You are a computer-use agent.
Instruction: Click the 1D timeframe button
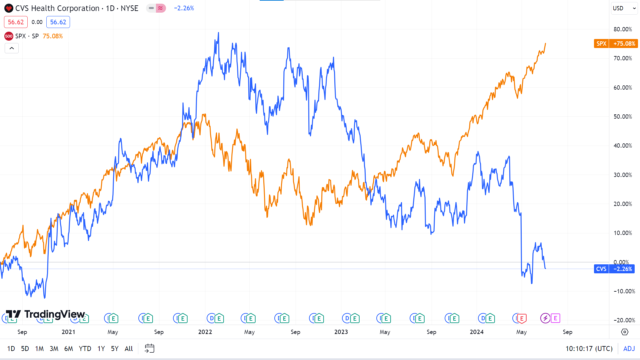[11, 349]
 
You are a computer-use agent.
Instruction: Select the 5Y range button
[115, 349]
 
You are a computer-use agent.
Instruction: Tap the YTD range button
[85, 349]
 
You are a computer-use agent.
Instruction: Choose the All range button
[129, 349]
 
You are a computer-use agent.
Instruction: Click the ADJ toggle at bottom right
[629, 349]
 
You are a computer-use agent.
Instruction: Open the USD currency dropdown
[624, 8]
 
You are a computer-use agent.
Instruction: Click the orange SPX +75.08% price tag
[616, 44]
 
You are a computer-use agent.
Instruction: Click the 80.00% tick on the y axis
[623, 29]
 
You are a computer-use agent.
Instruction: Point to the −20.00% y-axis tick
[624, 320]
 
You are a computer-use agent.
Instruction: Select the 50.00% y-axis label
[623, 117]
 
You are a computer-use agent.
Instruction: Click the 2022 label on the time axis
[205, 332]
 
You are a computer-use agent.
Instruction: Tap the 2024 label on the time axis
[477, 332]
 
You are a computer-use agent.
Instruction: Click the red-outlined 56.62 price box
[16, 22]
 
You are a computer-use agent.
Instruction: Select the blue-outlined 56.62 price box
[58, 22]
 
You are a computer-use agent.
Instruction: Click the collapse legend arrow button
[12, 48]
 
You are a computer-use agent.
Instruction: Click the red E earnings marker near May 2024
[522, 319]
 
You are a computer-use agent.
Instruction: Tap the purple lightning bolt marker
[545, 318]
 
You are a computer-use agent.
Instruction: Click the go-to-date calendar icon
[149, 349]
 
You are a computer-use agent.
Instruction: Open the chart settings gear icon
[625, 332]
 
